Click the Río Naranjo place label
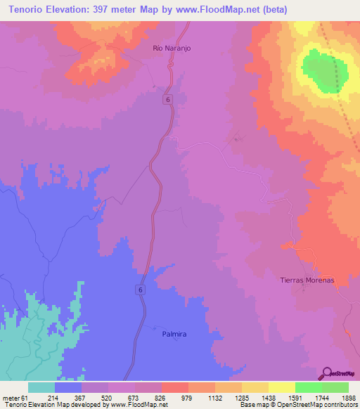[x=172, y=48]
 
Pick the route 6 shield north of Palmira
[x=141, y=290]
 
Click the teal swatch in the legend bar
[x=41, y=387]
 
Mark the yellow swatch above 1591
[x=281, y=387]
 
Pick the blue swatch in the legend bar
[x=68, y=387]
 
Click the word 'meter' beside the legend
[x=11, y=398]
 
